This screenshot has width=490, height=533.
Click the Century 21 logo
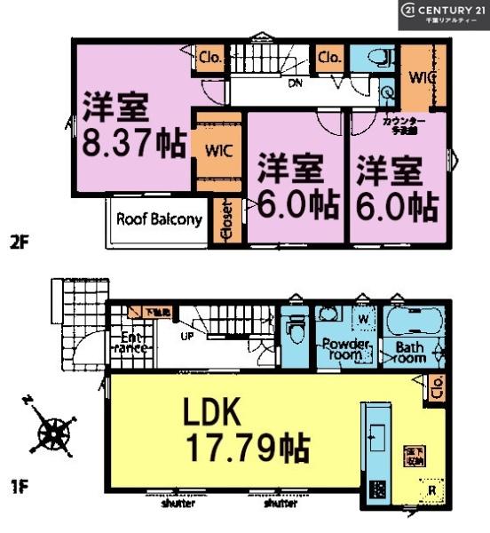[443, 14]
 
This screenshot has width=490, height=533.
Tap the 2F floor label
[20, 241]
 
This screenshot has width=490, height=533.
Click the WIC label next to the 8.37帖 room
[218, 150]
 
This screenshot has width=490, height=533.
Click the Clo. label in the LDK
[437, 386]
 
